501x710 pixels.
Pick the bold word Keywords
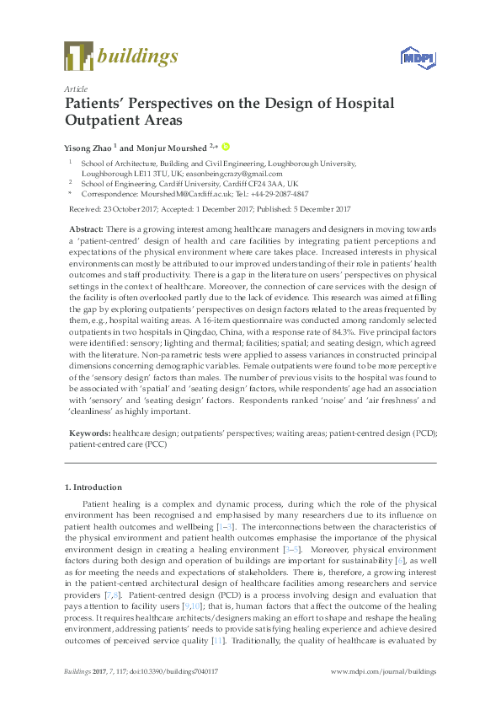(x=88, y=433)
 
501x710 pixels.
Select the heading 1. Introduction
(x=93, y=487)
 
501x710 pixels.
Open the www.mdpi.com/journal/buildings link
(x=385, y=672)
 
